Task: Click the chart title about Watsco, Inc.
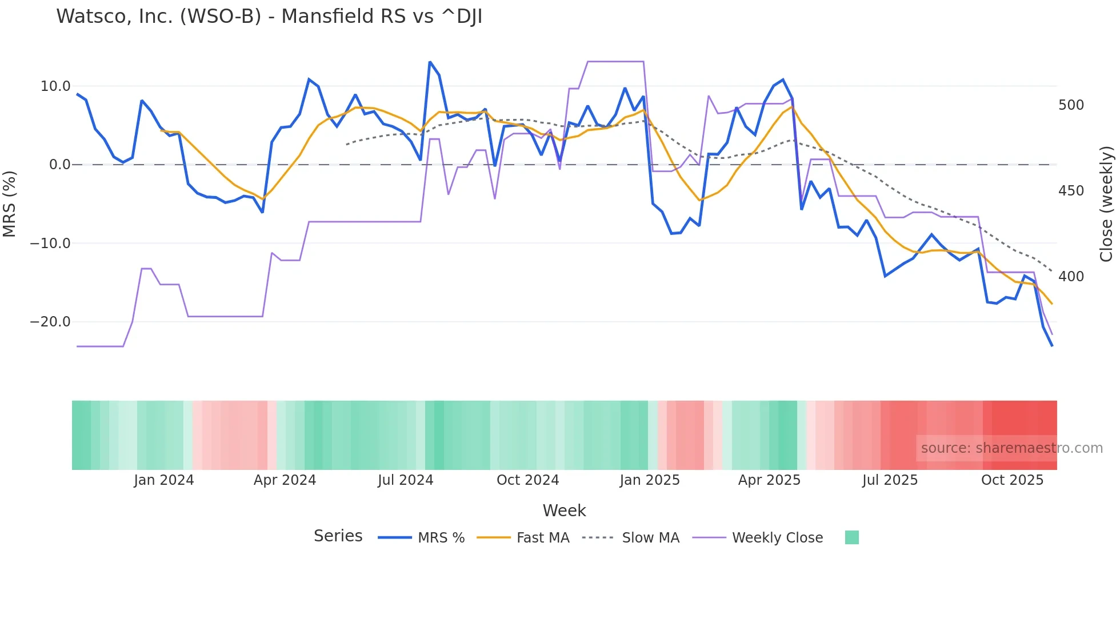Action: click(269, 17)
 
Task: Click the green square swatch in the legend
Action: click(851, 537)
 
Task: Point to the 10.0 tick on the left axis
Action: click(55, 86)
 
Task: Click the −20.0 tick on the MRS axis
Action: click(50, 322)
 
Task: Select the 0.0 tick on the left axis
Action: click(59, 165)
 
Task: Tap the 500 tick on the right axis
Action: click(1071, 105)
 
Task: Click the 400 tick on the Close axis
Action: click(1071, 277)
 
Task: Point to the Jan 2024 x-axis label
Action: click(164, 480)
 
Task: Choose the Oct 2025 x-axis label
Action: click(1012, 480)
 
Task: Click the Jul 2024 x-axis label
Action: click(405, 480)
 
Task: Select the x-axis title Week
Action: click(564, 511)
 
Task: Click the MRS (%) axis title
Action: click(9, 204)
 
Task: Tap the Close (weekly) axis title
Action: click(1106, 204)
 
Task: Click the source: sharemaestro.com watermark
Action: click(1011, 448)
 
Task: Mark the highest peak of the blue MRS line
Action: click(430, 62)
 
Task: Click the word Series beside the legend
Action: click(338, 536)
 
